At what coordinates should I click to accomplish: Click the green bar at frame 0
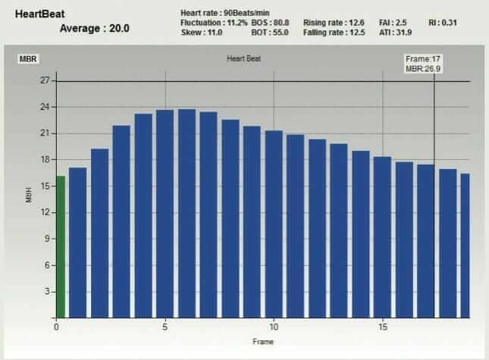coord(61,246)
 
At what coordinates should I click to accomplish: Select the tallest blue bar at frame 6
coord(187,213)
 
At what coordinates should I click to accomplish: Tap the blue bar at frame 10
coord(274,224)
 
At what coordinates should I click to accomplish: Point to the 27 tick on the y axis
coord(45,80)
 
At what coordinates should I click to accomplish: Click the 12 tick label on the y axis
coord(45,212)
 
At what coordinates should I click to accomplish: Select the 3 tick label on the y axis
coord(47,292)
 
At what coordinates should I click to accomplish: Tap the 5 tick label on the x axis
coord(165,327)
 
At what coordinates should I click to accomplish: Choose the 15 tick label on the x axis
coord(383,327)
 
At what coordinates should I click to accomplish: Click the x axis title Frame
coord(262,342)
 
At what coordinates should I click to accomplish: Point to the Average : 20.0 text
coord(94,28)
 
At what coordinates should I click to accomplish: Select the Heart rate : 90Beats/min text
coord(225,14)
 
